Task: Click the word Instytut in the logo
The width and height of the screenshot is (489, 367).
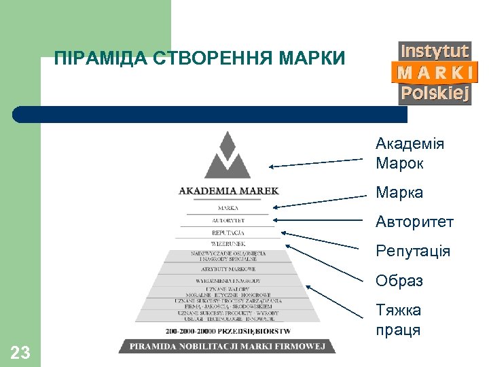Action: (x=435, y=52)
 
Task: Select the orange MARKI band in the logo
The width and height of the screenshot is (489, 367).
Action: (x=435, y=72)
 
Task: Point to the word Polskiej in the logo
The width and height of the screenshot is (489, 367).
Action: (x=435, y=94)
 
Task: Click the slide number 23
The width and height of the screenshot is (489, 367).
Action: (x=20, y=352)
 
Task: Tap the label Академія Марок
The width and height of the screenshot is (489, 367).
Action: (x=410, y=154)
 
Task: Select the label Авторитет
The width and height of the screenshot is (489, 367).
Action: (x=414, y=222)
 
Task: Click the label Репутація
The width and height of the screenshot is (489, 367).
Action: (x=413, y=251)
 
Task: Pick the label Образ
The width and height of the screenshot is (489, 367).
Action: (x=399, y=281)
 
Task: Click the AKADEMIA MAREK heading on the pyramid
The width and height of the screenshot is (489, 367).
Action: (x=228, y=191)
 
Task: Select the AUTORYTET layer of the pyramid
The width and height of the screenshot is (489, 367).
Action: (x=228, y=221)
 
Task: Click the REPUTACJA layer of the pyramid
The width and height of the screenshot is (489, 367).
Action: (x=228, y=232)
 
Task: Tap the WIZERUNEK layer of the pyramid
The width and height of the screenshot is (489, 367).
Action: (x=228, y=243)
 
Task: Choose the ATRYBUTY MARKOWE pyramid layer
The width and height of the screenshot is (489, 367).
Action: (x=228, y=269)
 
